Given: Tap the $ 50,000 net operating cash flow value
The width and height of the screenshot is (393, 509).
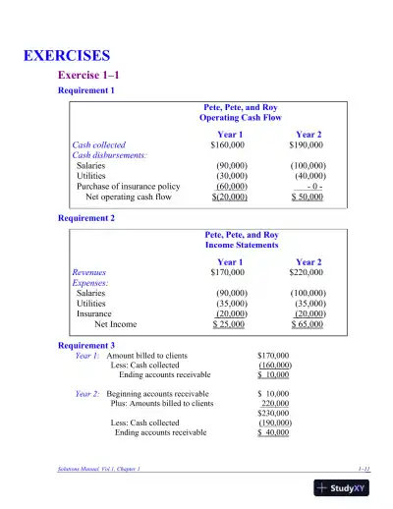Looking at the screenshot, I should point(309,197).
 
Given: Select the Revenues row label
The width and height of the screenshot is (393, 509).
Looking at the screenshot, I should point(89,272).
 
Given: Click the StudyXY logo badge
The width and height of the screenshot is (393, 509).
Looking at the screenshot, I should point(350,487).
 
